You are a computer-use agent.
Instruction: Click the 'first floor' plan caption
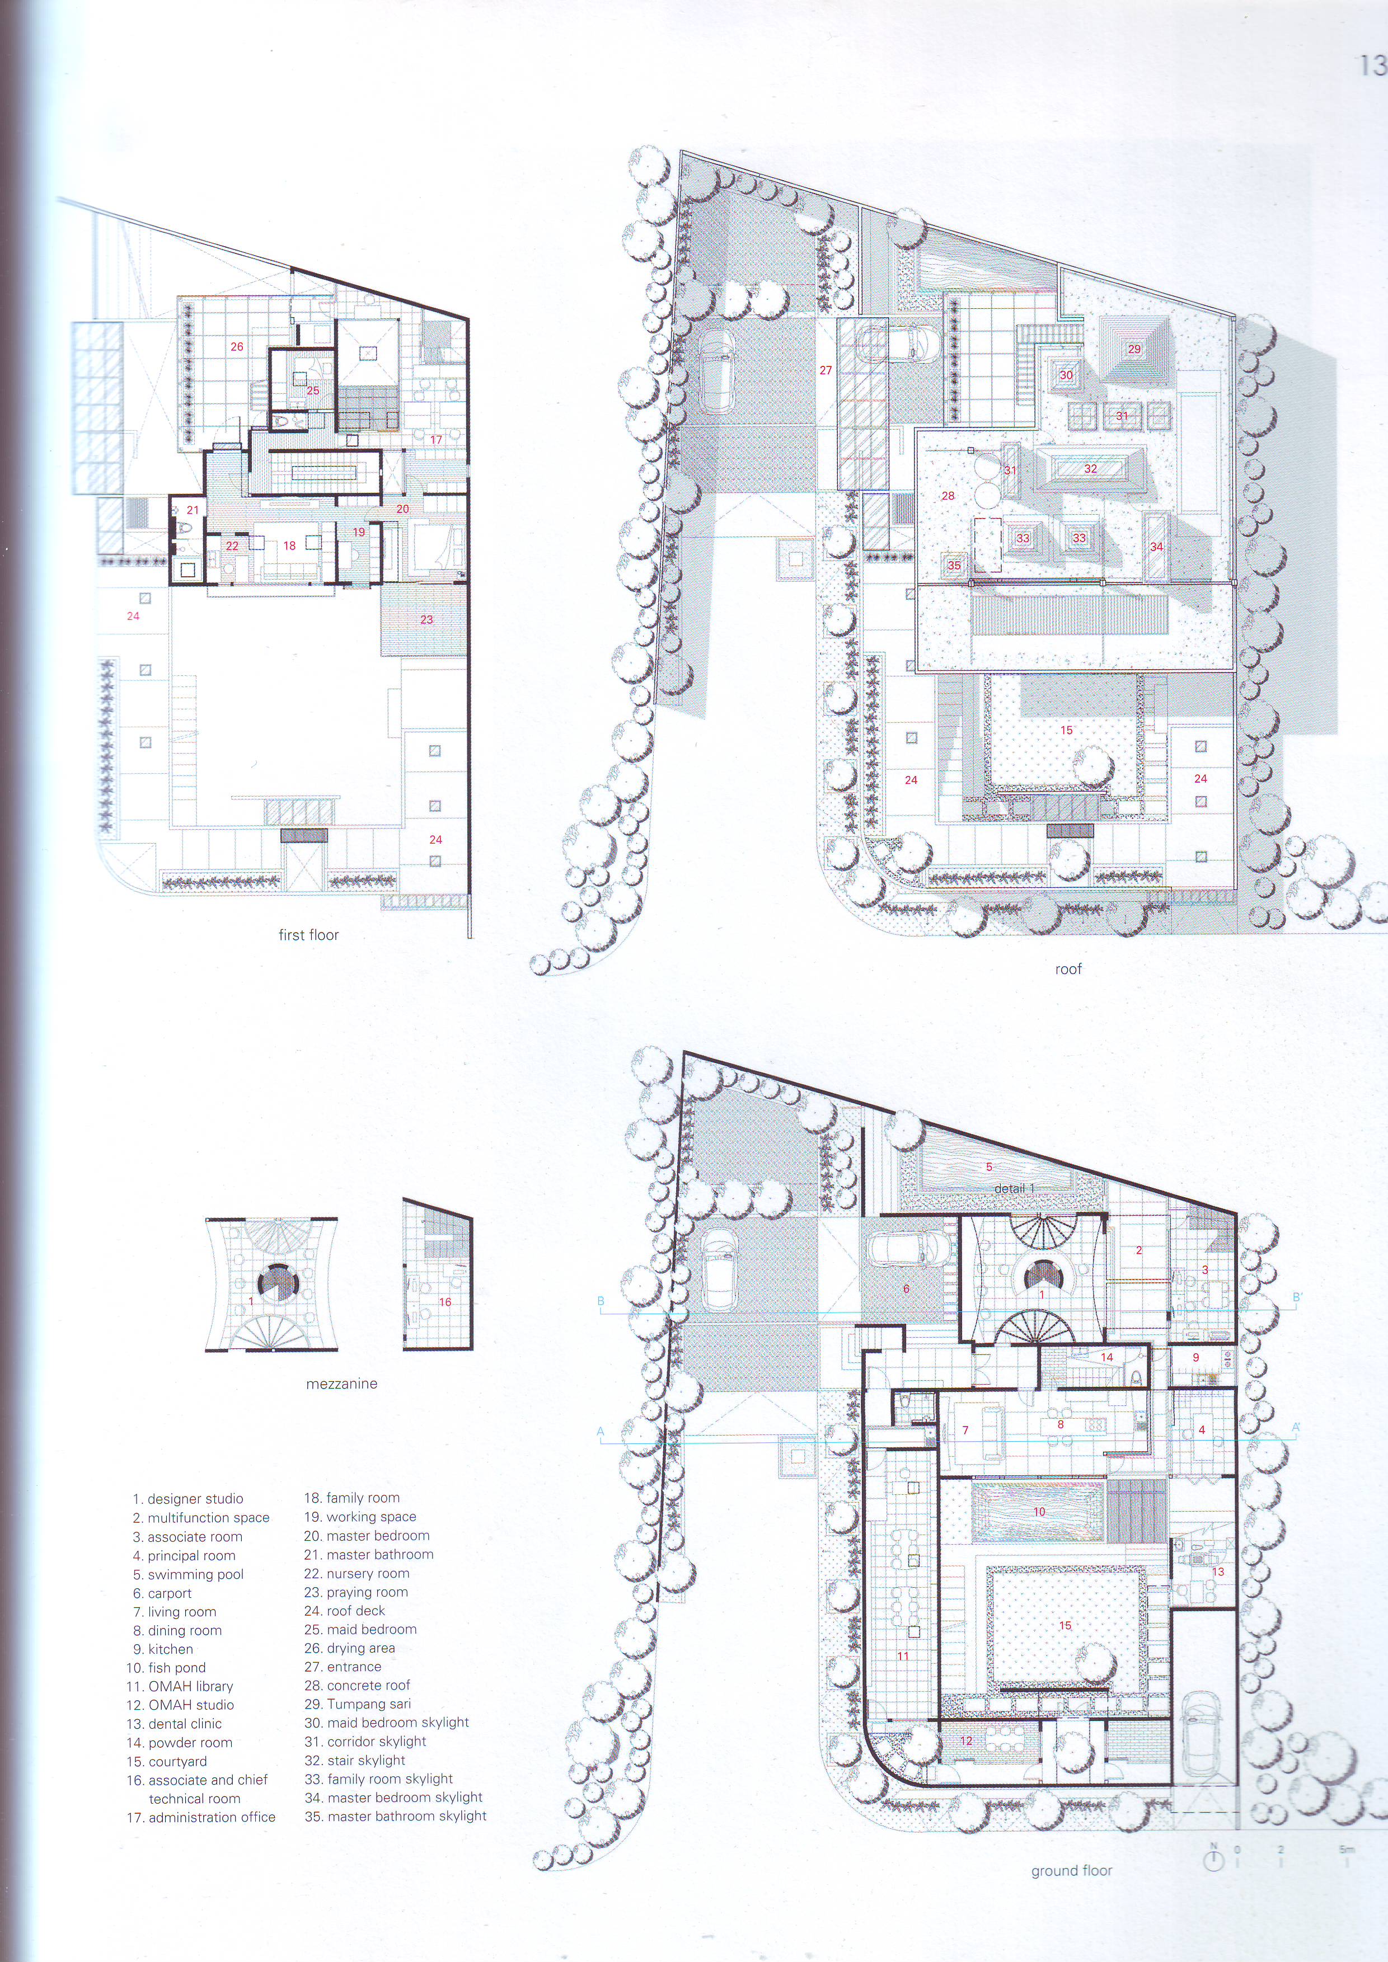[308, 935]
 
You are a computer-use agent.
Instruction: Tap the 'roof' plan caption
[1068, 969]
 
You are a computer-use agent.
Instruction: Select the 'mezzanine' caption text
[342, 1384]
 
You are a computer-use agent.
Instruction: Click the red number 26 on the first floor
[237, 347]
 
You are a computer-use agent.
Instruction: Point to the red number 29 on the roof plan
[1134, 349]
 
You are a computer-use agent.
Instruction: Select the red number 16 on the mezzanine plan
[446, 1302]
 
